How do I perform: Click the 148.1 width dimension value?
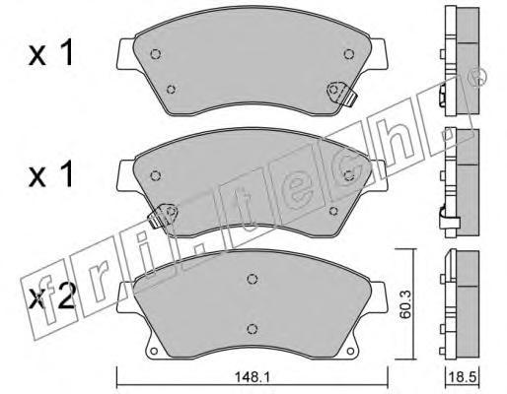252,377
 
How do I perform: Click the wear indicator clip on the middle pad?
163,216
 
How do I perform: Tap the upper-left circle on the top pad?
155,54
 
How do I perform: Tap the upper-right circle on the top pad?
349,54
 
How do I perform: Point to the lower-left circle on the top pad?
171,89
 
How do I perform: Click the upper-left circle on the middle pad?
155,176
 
